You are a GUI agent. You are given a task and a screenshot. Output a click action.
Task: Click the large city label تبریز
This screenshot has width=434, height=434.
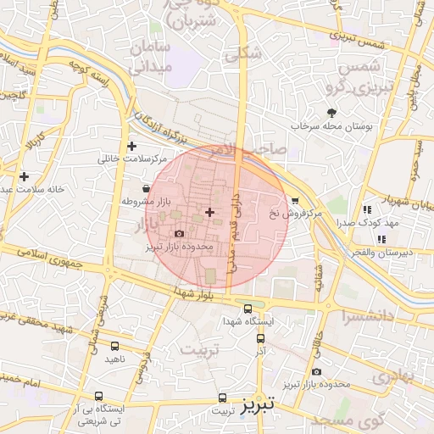tap(259, 404)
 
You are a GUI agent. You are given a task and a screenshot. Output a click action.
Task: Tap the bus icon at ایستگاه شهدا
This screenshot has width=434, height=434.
tap(248, 309)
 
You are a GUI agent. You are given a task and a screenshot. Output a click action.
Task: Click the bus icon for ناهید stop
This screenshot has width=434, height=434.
tap(114, 346)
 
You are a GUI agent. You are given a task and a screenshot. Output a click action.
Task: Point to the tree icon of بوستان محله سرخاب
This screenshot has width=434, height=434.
tap(331, 112)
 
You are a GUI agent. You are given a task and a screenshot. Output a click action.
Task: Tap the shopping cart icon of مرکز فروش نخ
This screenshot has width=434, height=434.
tap(294, 201)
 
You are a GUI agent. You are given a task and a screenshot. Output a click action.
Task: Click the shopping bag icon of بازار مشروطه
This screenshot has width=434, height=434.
tap(147, 188)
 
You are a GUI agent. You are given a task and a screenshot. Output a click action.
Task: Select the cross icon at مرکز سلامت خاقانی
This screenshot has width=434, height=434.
tap(131, 146)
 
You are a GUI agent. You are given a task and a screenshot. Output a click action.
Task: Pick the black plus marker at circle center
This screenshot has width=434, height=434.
tap(209, 210)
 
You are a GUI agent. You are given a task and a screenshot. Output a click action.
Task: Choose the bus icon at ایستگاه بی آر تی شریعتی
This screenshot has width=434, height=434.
tap(99, 396)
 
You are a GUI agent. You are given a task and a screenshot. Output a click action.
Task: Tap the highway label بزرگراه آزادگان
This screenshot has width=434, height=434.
tap(161, 125)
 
